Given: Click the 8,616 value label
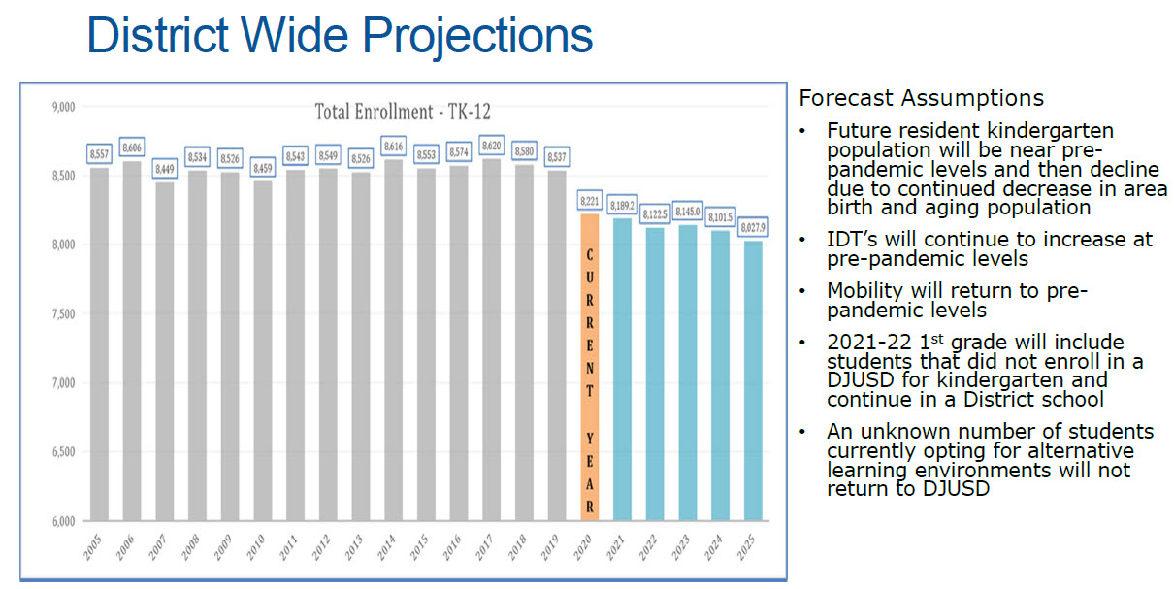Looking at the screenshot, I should click(394, 145).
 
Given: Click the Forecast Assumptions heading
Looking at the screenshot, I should click(921, 98).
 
